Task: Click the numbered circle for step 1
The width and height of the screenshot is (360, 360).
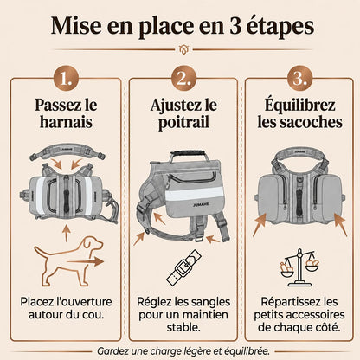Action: tap(67, 79)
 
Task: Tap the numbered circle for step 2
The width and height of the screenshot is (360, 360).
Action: tap(183, 79)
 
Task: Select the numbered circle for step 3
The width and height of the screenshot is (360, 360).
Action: tap(299, 79)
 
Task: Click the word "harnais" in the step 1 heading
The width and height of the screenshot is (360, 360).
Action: tap(67, 121)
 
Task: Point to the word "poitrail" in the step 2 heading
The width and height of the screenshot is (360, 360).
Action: tap(183, 122)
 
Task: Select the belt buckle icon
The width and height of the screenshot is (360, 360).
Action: tap(183, 267)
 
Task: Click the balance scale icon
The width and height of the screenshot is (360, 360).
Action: tap(299, 268)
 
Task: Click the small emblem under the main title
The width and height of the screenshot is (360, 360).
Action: tap(183, 49)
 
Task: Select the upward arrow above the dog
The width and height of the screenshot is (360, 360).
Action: tap(67, 234)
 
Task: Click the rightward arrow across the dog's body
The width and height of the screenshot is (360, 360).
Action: tap(85, 262)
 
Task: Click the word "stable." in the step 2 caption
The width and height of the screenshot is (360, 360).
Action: tap(183, 327)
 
